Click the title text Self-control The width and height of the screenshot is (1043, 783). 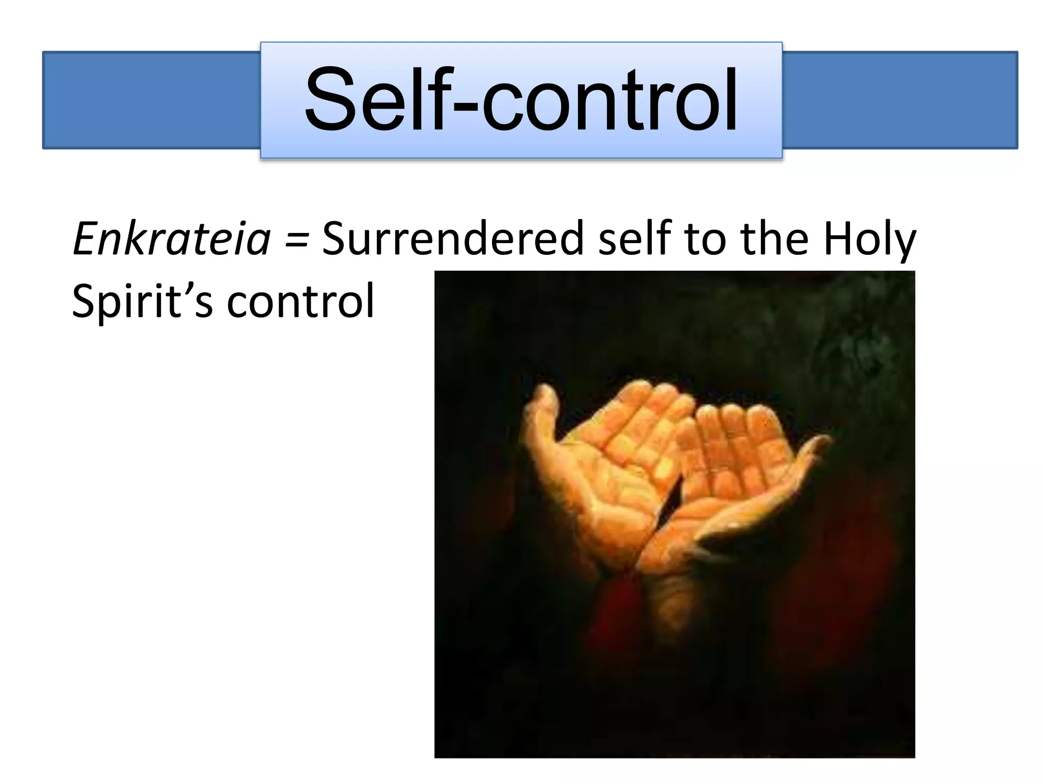coord(520,100)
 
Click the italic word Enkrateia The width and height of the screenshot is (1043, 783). coord(172,239)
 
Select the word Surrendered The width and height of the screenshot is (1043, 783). coord(452,239)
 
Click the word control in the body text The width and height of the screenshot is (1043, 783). coord(300,301)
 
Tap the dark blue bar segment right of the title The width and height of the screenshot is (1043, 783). coord(899,100)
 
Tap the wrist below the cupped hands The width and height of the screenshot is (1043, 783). coord(672,596)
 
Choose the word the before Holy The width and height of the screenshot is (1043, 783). coord(774,239)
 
